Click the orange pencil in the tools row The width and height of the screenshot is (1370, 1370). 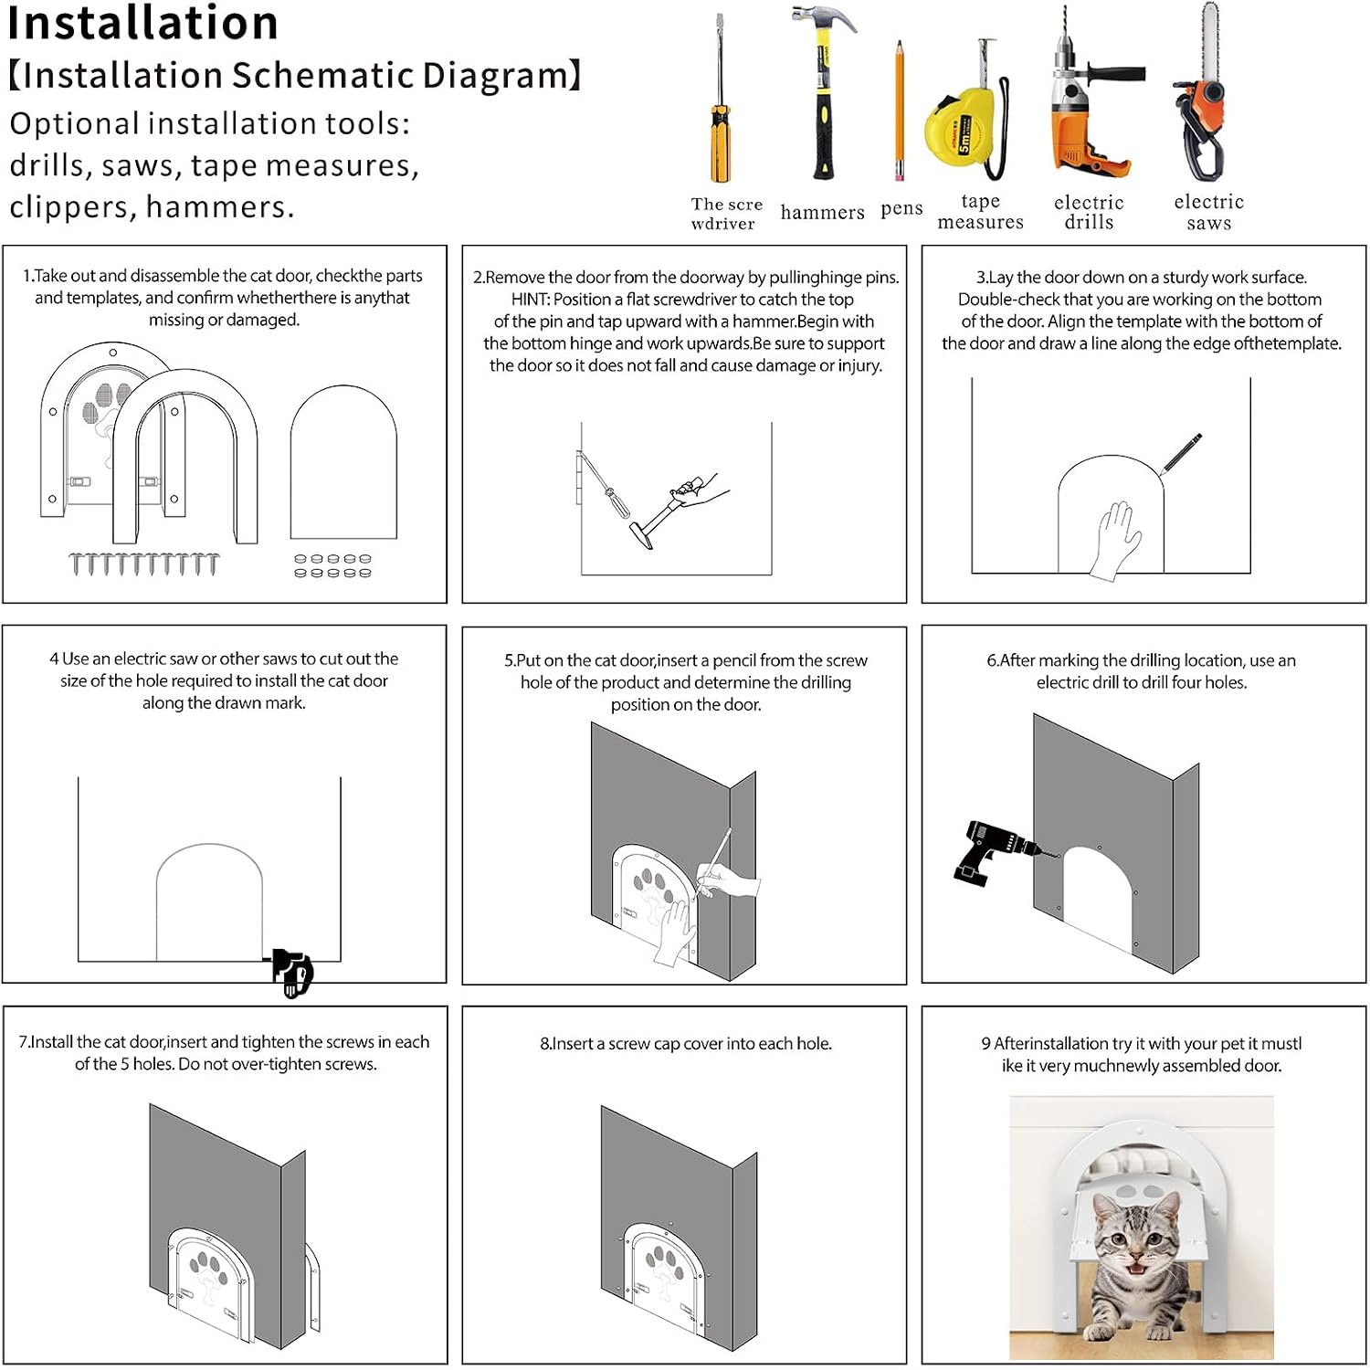click(x=900, y=110)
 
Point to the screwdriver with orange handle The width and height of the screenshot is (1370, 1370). click(x=721, y=100)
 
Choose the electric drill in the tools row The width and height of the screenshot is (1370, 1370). click(x=1091, y=100)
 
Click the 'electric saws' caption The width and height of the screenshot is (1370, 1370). click(x=1209, y=212)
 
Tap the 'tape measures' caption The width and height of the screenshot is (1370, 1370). click(x=981, y=212)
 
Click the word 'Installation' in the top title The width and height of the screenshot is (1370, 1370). click(x=142, y=23)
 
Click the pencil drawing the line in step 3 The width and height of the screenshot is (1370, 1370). click(x=1180, y=454)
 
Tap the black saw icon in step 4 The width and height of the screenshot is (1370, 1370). click(x=292, y=973)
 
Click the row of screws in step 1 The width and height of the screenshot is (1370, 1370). click(x=144, y=564)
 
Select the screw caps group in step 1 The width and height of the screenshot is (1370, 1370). click(x=332, y=566)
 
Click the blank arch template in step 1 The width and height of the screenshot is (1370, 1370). click(x=343, y=462)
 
